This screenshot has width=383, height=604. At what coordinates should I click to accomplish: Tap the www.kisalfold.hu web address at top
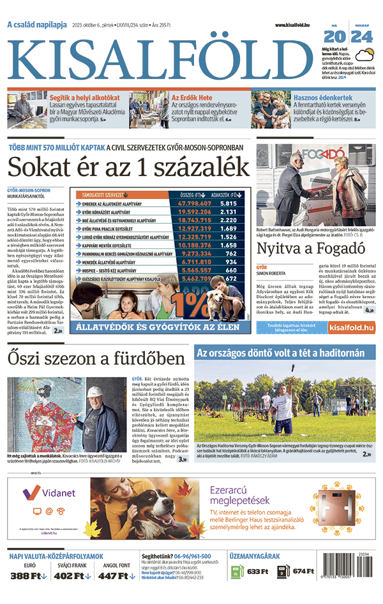tap(297, 25)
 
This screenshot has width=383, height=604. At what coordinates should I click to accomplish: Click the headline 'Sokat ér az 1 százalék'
tap(128, 167)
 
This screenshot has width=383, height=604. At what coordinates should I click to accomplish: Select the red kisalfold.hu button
tap(351, 327)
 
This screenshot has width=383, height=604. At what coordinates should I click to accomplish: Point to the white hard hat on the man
tap(95, 392)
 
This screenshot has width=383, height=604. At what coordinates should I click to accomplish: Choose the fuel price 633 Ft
tap(258, 571)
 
